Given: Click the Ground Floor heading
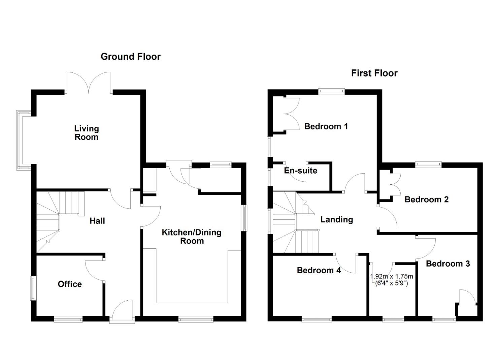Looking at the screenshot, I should click(x=131, y=57).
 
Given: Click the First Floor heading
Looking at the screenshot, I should click(x=374, y=73).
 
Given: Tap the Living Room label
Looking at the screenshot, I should click(x=87, y=133).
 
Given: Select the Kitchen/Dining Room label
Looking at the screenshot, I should click(x=192, y=237).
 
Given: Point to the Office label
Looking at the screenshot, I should click(x=70, y=284).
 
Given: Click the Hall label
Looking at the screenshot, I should click(x=97, y=221).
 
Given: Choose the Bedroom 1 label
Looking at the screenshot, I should click(x=326, y=126).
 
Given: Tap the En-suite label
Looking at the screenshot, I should click(x=300, y=171).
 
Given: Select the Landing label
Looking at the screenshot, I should click(x=336, y=220).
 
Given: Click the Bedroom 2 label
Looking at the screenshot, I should click(x=426, y=200).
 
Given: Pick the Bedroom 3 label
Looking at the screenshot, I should click(x=447, y=264).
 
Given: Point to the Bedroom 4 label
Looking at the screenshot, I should click(x=319, y=270).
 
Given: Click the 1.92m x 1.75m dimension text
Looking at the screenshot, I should click(x=392, y=277).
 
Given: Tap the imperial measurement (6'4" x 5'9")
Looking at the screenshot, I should click(x=392, y=283).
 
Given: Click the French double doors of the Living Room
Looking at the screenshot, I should click(x=89, y=83).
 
